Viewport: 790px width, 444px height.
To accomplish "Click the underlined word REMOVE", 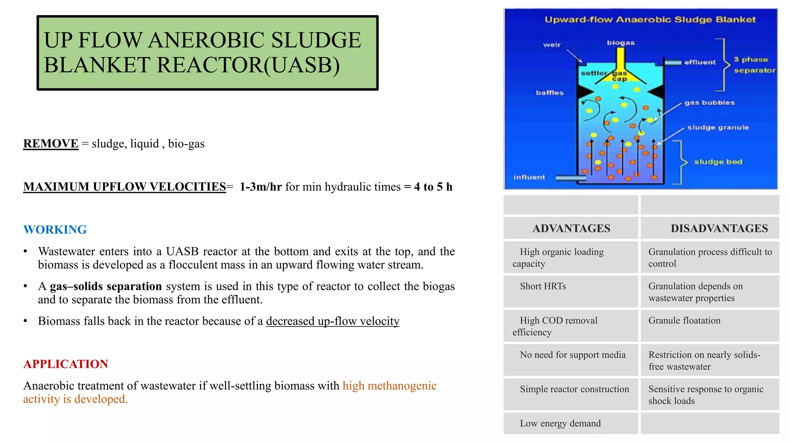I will tap(51, 144).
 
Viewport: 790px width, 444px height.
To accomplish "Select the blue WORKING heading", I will tap(55, 230).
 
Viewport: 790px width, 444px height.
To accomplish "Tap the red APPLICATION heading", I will tap(66, 364).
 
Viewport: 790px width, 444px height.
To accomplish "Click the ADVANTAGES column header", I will tap(571, 229).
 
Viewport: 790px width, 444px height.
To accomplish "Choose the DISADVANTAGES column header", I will tap(719, 229).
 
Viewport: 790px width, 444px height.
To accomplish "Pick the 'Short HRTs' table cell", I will tap(543, 286).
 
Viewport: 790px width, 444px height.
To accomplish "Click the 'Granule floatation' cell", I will tap(684, 321).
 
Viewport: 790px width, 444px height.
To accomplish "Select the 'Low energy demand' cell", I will tap(560, 424).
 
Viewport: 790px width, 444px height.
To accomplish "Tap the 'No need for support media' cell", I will tap(572, 355).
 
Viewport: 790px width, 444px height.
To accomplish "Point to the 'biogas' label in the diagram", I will tap(621, 43).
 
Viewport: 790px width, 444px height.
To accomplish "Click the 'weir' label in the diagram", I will tap(552, 45).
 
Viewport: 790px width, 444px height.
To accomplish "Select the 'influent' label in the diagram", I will tap(529, 177).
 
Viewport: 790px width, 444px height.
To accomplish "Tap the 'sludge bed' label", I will tap(718, 162).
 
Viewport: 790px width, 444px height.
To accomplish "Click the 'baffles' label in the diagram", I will tap(549, 93).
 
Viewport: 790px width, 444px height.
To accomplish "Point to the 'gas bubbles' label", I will tap(709, 103).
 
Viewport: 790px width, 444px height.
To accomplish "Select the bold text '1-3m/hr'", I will tap(260, 187).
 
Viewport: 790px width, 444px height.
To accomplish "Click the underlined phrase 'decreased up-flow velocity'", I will tap(333, 321).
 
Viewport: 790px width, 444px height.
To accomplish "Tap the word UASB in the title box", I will tap(302, 65).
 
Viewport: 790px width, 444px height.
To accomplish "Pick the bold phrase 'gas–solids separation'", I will tap(106, 287).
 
